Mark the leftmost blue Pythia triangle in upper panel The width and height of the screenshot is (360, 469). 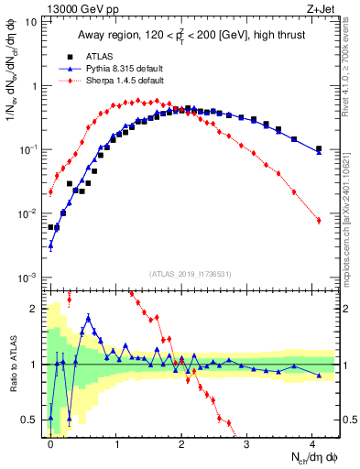(50, 245)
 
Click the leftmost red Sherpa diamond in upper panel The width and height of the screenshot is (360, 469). (50, 192)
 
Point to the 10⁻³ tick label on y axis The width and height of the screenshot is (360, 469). (28, 278)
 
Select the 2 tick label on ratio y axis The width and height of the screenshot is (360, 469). (34, 308)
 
